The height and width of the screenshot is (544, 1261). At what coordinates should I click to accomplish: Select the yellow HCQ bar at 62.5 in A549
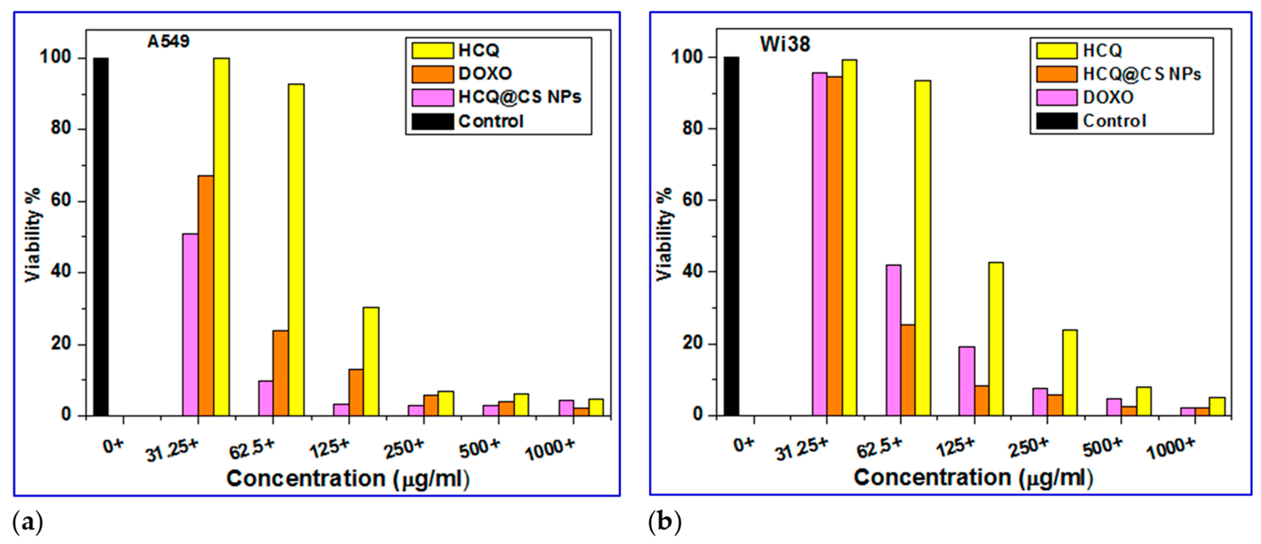(296, 249)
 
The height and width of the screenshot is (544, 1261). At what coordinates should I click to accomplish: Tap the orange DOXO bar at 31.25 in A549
(205, 296)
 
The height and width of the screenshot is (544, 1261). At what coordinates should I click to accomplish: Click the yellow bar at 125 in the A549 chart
(371, 362)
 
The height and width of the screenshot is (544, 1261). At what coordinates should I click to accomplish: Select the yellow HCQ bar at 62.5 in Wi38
(923, 248)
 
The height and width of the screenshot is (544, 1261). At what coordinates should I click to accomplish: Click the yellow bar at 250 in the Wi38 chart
(1070, 373)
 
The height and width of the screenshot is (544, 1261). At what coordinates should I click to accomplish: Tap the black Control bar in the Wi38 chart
(731, 236)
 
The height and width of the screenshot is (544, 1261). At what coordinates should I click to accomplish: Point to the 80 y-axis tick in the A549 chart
(61, 129)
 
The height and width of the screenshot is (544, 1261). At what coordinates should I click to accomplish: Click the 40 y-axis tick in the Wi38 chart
(692, 272)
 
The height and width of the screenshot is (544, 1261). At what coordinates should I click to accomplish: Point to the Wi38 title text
(785, 44)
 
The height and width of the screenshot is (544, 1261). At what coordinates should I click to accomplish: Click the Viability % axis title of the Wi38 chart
(664, 234)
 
